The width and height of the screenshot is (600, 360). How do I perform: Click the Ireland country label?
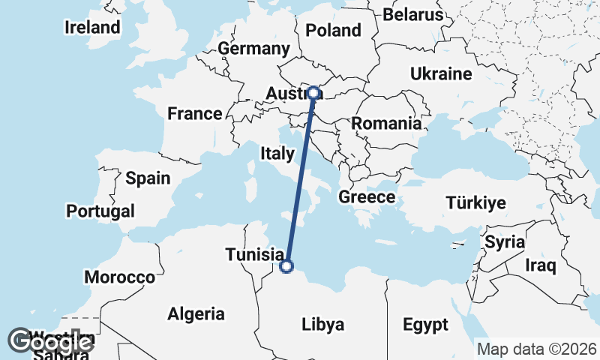click(x=92, y=28)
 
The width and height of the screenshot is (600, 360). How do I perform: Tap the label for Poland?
click(x=334, y=31)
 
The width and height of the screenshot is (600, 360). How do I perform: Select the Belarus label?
click(x=413, y=14)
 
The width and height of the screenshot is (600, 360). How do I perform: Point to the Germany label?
click(x=253, y=49)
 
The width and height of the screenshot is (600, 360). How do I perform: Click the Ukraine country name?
click(x=441, y=73)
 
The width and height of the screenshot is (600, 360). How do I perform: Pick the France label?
click(x=195, y=114)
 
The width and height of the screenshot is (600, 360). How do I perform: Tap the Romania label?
click(x=386, y=124)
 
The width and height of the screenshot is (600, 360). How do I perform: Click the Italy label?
click(x=277, y=154)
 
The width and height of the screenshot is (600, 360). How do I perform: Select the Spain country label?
click(x=148, y=178)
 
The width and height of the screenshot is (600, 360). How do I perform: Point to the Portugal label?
click(x=100, y=211)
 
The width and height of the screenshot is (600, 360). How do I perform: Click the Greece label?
click(x=367, y=197)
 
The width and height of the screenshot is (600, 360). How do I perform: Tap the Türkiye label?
click(x=475, y=202)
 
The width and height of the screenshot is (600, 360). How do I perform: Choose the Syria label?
click(x=505, y=242)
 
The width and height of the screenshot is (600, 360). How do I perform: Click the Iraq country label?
click(x=540, y=265)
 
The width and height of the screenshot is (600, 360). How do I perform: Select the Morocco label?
click(x=119, y=277)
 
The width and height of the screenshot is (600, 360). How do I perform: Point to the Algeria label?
click(x=196, y=313)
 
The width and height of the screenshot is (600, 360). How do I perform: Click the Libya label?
click(x=322, y=325)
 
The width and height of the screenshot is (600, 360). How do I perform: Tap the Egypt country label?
click(x=425, y=325)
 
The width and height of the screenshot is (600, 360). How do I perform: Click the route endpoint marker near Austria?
click(x=314, y=94)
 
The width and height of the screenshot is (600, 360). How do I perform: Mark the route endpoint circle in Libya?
click(x=286, y=265)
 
